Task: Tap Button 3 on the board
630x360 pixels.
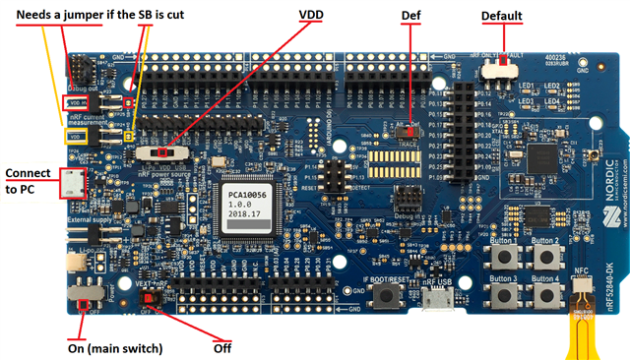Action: [509, 292]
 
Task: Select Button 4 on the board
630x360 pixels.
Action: [546, 292]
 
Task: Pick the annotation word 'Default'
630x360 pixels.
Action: [502, 16]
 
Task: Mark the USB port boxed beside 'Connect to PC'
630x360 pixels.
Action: [72, 181]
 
